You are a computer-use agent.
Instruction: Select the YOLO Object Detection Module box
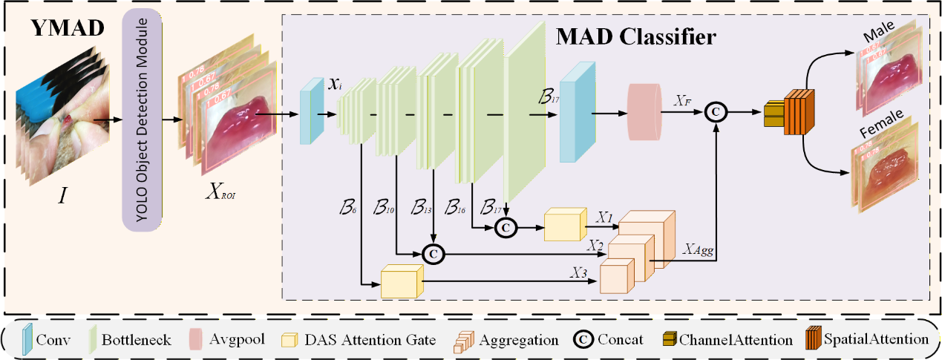(152, 119)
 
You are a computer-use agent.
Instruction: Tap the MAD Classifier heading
(638, 36)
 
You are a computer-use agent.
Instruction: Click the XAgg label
(698, 251)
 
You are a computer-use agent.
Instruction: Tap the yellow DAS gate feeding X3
(401, 282)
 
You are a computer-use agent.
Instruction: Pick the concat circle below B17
(506, 225)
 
